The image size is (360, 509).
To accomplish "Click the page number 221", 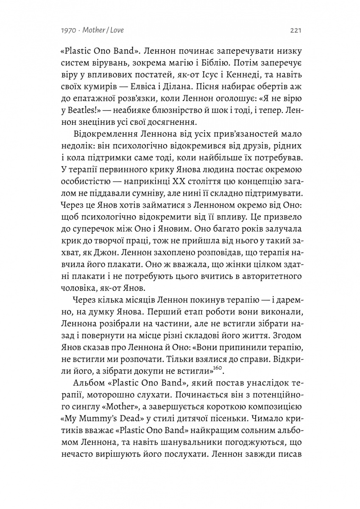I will [x=296, y=31].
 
